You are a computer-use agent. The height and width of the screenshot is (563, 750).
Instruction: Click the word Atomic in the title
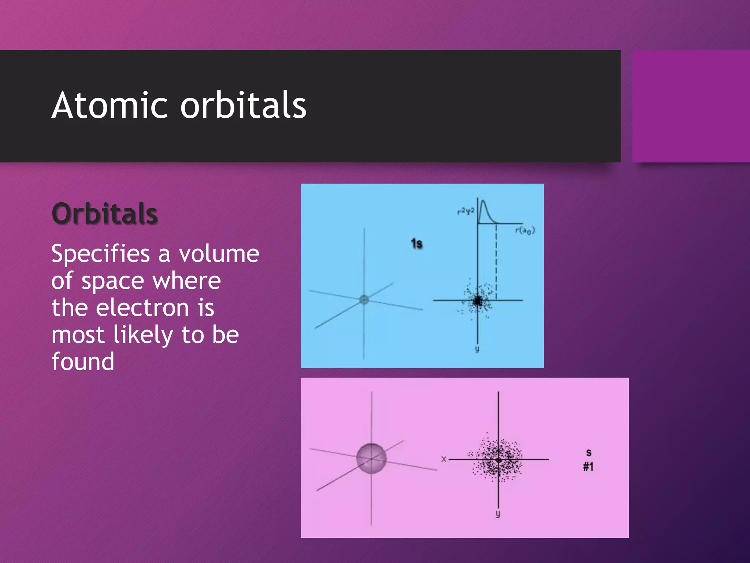(109, 106)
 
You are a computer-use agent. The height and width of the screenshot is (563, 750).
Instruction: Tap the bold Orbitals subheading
(105, 213)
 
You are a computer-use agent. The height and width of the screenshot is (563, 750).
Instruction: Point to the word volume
(219, 254)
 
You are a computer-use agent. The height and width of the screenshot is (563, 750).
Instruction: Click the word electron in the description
(142, 308)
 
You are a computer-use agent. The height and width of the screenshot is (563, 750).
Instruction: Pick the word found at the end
(83, 361)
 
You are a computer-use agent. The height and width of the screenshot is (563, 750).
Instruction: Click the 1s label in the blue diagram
(417, 243)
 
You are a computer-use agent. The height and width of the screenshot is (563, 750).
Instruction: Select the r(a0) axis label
(525, 231)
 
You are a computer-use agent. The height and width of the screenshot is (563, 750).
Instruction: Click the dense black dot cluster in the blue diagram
(477, 301)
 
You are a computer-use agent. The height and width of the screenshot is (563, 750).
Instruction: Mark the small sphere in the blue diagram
(364, 299)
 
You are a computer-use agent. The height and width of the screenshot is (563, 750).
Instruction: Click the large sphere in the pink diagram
(371, 458)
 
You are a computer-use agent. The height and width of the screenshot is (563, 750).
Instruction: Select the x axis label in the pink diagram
(444, 459)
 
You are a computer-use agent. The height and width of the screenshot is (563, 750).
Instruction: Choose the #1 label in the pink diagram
(588, 467)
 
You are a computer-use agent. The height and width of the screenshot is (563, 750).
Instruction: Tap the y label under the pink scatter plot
(498, 514)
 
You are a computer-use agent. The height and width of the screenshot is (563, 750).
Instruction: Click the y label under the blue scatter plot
(477, 349)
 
